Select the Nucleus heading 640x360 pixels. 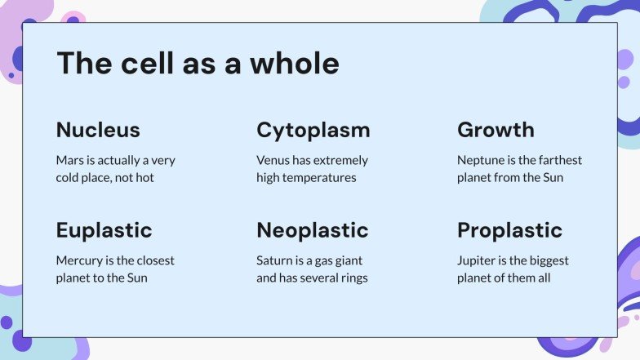point(98,130)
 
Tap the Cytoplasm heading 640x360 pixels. point(313,130)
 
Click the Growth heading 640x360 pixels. point(496,130)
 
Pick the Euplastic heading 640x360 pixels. point(104,230)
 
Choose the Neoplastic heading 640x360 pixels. point(312,230)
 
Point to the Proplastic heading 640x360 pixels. point(509,230)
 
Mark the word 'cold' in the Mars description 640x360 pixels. point(69,177)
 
